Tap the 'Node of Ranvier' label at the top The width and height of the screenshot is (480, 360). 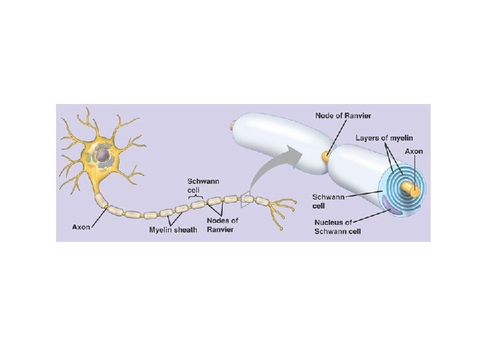click(x=343, y=116)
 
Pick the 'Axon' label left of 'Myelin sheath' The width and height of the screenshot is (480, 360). click(x=81, y=228)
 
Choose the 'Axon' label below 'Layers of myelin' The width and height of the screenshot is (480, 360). click(x=414, y=151)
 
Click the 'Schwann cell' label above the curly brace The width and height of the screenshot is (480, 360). click(x=196, y=185)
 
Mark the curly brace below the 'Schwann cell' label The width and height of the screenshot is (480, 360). click(x=197, y=196)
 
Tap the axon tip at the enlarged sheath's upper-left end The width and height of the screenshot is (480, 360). click(x=233, y=124)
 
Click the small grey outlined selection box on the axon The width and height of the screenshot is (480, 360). click(x=247, y=197)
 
